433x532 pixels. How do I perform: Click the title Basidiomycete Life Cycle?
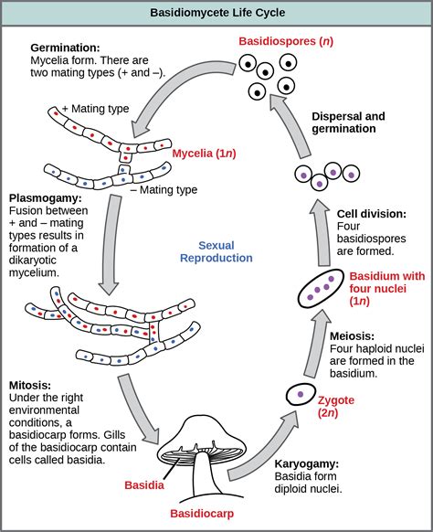pyautogui.click(x=216, y=13)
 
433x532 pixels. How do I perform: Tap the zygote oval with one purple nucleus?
pyautogui.click(x=298, y=395)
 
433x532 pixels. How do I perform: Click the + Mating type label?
pyautogui.click(x=95, y=109)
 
